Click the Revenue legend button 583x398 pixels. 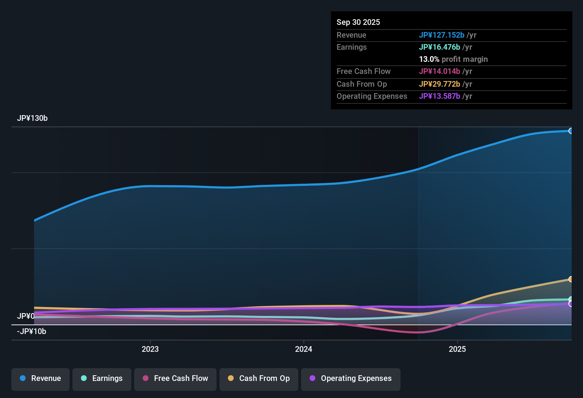pyautogui.click(x=40, y=378)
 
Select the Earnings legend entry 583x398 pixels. pyautogui.click(x=102, y=378)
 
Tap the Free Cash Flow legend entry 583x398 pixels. pyautogui.click(x=175, y=378)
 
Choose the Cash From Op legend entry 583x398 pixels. pyautogui.click(x=259, y=378)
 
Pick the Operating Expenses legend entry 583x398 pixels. pyautogui.click(x=351, y=378)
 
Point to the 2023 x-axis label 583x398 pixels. pyautogui.click(x=150, y=349)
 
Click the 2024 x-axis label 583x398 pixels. pyautogui.click(x=304, y=349)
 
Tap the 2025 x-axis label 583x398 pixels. pyautogui.click(x=457, y=349)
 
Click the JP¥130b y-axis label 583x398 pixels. pyautogui.click(x=32, y=118)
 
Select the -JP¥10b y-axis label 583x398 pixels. pyautogui.click(x=32, y=332)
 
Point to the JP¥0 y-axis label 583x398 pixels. pyautogui.click(x=26, y=316)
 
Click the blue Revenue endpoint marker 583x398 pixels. pyautogui.click(x=571, y=131)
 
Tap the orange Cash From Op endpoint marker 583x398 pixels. pyautogui.click(x=571, y=279)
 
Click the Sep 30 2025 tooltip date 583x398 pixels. pyautogui.click(x=358, y=22)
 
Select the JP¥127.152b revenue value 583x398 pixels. pyautogui.click(x=441, y=35)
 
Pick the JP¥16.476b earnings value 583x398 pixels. pyautogui.click(x=439, y=47)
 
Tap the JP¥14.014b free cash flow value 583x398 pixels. pyautogui.click(x=439, y=71)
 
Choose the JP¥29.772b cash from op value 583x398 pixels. pyautogui.click(x=439, y=84)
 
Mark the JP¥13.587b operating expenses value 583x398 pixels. pyautogui.click(x=439, y=96)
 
